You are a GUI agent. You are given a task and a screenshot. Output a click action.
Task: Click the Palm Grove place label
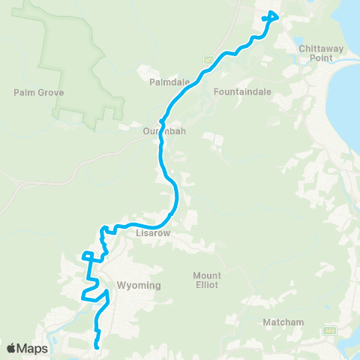click(39, 93)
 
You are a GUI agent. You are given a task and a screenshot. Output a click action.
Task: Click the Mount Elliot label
click(206, 280)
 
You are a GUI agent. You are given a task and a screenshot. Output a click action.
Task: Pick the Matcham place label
click(283, 322)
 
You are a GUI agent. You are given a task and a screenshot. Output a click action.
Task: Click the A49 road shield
click(329, 330)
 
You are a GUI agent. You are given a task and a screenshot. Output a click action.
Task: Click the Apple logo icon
click(13, 348)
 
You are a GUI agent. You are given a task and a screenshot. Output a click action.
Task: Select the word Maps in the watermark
click(34, 348)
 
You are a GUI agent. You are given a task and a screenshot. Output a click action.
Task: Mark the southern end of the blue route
click(97, 346)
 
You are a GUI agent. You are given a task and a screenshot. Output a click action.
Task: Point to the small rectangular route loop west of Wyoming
click(88, 257)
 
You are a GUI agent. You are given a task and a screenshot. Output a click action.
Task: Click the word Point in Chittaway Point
click(320, 58)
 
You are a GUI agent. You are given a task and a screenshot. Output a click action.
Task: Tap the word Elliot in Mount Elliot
click(206, 285)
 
